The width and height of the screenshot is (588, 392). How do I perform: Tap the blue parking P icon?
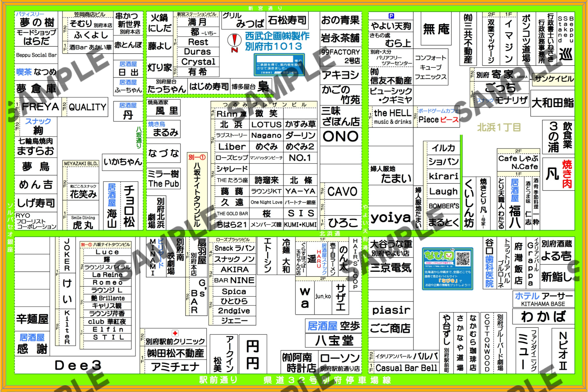click(391, 16)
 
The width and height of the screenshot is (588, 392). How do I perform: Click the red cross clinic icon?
click(175, 333)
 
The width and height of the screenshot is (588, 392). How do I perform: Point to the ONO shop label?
click(341, 136)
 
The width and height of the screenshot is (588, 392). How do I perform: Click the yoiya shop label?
click(390, 218)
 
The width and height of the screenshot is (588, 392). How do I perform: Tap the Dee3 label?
click(78, 365)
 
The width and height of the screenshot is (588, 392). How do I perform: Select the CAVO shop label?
click(342, 191)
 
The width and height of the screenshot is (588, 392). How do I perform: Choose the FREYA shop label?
click(40, 107)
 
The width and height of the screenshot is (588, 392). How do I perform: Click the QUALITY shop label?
click(87, 107)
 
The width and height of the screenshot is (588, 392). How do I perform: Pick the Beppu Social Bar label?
click(36, 55)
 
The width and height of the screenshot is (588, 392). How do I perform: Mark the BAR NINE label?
click(234, 280)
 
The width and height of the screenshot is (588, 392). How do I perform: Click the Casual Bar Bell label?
click(406, 368)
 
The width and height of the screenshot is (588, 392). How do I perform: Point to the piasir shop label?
click(391, 310)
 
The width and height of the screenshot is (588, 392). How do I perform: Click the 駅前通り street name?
click(218, 380)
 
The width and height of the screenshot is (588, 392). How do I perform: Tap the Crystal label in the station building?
click(198, 62)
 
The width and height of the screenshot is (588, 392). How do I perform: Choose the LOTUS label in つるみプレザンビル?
click(266, 125)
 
